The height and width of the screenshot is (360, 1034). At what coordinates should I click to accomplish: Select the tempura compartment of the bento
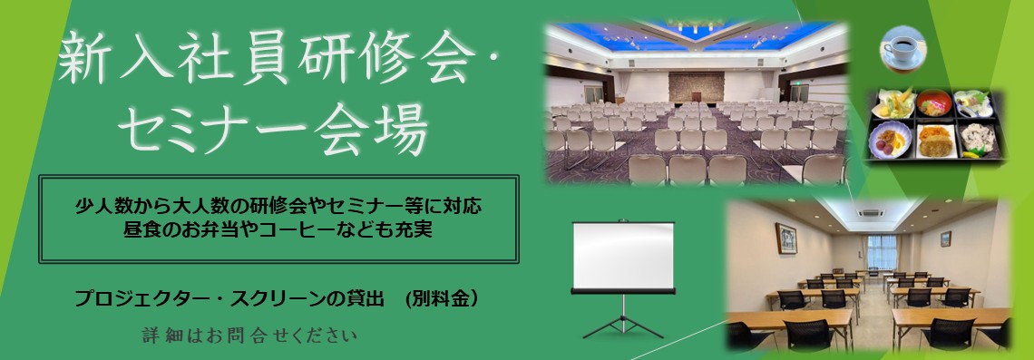(891, 106)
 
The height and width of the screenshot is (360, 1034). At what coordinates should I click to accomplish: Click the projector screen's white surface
(623, 257)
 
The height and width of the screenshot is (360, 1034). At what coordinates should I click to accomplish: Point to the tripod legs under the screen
(622, 322)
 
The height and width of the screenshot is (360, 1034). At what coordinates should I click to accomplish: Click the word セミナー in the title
(213, 131)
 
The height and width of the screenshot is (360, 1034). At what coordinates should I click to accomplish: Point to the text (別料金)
(442, 297)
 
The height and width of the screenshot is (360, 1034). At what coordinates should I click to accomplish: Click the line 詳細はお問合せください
(249, 336)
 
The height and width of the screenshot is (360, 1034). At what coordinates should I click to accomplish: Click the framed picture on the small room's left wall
(786, 238)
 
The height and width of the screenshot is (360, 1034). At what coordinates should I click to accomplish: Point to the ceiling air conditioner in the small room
(870, 216)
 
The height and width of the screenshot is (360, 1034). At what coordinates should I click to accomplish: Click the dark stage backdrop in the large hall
(696, 88)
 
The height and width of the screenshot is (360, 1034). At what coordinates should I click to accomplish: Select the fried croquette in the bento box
(932, 140)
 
